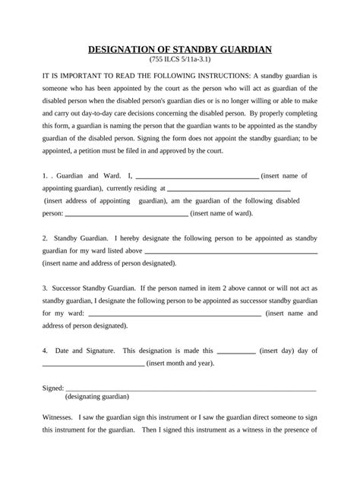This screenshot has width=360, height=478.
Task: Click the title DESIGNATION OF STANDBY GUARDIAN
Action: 180,51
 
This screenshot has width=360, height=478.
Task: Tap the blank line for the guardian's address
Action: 228,189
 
